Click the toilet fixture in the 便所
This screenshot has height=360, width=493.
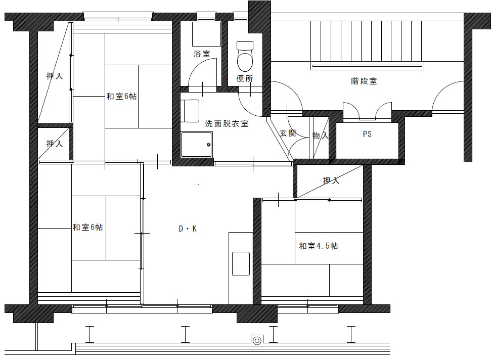[x=245, y=57]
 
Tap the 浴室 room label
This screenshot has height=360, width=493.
[x=202, y=54]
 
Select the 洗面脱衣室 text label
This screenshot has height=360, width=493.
[x=227, y=123]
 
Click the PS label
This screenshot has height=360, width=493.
[x=367, y=134]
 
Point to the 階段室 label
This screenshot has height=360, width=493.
[x=364, y=81]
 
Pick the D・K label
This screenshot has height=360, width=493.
[x=188, y=229]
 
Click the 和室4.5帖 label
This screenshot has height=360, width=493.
[x=319, y=246]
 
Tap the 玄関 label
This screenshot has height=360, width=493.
[x=288, y=133]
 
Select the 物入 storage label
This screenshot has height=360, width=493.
[x=321, y=136]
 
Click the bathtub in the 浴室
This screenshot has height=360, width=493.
[x=207, y=34]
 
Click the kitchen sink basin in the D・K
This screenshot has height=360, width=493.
[x=241, y=263]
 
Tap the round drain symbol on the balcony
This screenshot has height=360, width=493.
[x=257, y=340]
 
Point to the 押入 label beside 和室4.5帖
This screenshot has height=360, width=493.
[x=331, y=181]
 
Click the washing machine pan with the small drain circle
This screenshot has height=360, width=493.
[x=197, y=145]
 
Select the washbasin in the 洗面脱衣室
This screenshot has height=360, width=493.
[x=190, y=111]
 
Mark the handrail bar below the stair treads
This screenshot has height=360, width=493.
[x=367, y=66]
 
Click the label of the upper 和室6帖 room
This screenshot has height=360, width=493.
[x=121, y=96]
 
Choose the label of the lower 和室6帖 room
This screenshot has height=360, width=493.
[x=87, y=228]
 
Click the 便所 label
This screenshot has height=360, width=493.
[x=245, y=78]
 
